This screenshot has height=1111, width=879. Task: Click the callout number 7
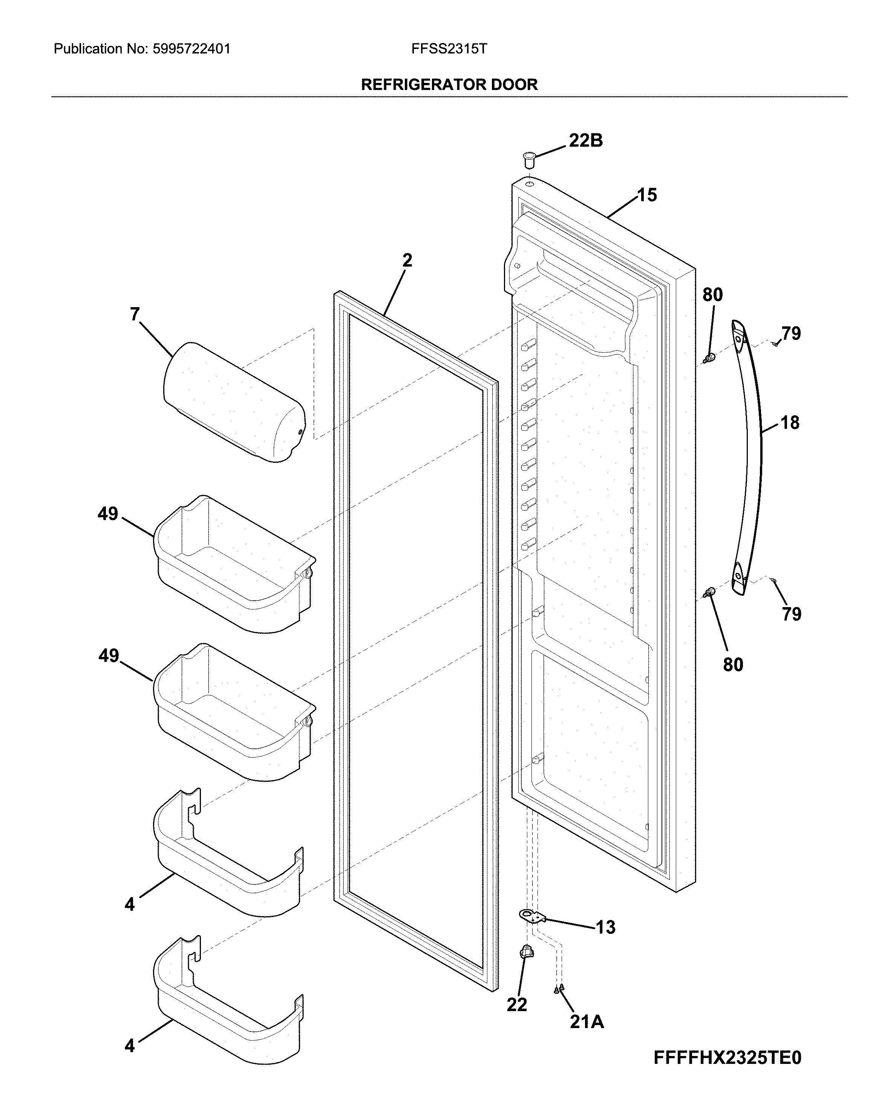tap(135, 314)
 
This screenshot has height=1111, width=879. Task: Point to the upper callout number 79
tap(791, 334)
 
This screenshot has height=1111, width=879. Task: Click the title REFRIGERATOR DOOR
tap(449, 85)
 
